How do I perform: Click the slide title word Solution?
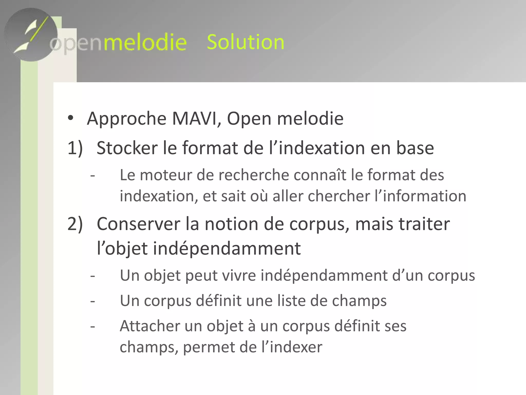tap(246, 42)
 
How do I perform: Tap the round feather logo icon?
tap(31, 34)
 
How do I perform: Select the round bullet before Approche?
tap(71, 119)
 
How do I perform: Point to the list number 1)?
tap(75, 148)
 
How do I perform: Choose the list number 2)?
tap(75, 224)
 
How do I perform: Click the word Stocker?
tap(127, 148)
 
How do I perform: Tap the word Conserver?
tap(138, 224)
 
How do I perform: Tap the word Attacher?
tap(150, 326)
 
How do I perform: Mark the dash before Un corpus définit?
tap(93, 301)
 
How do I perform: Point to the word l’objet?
tap(122, 249)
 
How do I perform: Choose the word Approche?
tap(127, 119)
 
